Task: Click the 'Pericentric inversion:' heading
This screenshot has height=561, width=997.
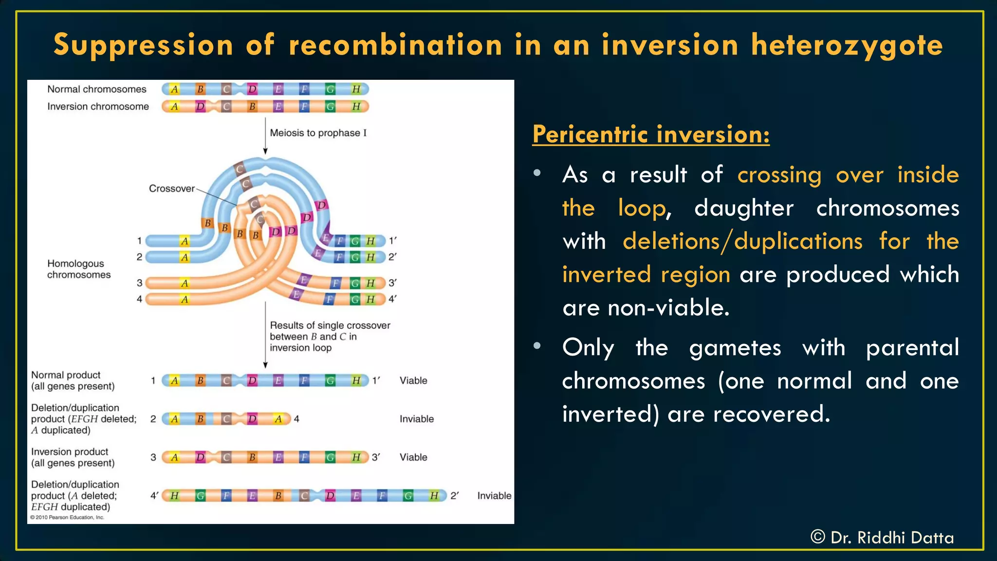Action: tap(651, 134)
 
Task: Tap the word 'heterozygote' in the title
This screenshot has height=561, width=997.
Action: tap(847, 45)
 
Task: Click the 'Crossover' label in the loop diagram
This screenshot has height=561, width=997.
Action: tap(171, 188)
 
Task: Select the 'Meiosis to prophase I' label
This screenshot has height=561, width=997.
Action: tap(318, 133)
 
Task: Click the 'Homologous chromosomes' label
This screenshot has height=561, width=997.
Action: tap(79, 269)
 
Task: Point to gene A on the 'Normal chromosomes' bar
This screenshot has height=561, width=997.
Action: tap(174, 89)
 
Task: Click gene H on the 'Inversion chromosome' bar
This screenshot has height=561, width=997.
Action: tap(356, 107)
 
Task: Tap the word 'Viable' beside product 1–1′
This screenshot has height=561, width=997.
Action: tap(413, 381)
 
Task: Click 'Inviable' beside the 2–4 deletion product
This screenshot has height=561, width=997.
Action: tap(416, 419)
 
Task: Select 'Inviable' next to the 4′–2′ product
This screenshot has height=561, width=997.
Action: tap(494, 496)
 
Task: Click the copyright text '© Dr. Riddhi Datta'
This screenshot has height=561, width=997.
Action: tap(882, 538)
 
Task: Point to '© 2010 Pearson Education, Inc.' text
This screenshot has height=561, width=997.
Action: tap(67, 518)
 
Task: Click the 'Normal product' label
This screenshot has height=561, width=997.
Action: tap(66, 375)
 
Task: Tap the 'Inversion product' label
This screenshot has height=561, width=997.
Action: tap(70, 452)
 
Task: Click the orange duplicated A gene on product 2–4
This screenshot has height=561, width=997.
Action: tap(278, 419)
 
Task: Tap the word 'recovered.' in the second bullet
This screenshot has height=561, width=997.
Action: tap(771, 414)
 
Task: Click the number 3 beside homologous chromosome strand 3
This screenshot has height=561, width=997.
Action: tap(140, 283)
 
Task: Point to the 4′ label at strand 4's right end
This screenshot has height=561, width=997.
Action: tap(392, 299)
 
